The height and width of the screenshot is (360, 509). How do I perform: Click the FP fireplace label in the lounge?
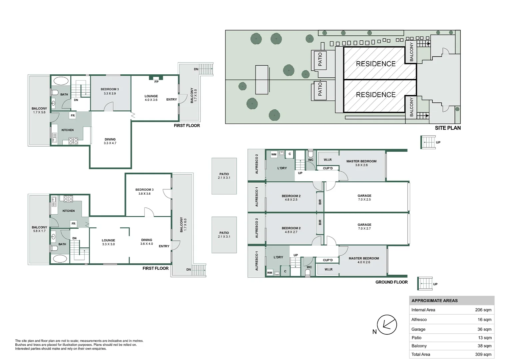[156, 82]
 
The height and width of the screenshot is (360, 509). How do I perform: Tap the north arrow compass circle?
[387, 325]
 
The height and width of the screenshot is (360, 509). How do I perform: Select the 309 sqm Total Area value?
[483, 354]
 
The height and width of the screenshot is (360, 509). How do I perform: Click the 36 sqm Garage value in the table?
[484, 329]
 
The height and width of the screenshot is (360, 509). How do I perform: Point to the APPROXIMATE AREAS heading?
[434, 301]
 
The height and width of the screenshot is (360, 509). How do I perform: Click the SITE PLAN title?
[448, 128]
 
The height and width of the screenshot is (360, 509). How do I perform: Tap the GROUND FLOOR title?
[391, 282]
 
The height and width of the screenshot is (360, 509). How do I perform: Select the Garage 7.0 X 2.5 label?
[364, 197]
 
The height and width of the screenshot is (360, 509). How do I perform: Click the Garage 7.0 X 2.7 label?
[364, 227]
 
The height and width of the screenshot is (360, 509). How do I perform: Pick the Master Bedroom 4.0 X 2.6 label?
[364, 260]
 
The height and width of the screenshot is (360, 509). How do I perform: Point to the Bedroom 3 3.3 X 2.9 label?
[110, 91]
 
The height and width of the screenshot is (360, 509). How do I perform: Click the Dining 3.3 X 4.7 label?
[110, 141]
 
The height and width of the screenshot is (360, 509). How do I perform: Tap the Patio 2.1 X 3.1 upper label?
[224, 176]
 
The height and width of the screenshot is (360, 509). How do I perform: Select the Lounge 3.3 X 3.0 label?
[108, 242]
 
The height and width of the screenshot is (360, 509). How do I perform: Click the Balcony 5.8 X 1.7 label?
[39, 229]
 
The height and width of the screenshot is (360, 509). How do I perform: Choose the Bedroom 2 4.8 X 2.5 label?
[291, 198]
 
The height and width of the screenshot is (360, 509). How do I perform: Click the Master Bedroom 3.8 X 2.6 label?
[361, 163]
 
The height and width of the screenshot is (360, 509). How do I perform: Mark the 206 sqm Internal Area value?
[483, 310]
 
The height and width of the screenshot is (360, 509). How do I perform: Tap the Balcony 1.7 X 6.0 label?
[183, 224]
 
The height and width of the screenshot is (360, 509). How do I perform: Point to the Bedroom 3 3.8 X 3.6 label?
[144, 191]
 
